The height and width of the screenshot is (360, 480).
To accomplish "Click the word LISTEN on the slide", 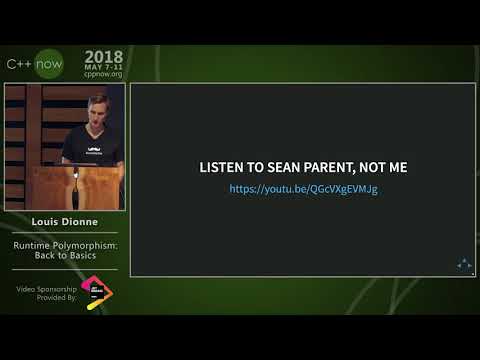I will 222,167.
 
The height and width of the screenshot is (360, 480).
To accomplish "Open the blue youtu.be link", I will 303,188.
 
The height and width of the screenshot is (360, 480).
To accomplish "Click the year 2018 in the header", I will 103,57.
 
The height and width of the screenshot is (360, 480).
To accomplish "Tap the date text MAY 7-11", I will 103,68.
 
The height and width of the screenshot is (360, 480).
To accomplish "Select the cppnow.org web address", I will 103,75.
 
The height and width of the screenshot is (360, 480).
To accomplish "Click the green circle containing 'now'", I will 49,64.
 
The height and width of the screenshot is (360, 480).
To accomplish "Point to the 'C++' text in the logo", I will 20,64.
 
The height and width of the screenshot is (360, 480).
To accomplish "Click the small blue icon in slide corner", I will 464,264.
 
